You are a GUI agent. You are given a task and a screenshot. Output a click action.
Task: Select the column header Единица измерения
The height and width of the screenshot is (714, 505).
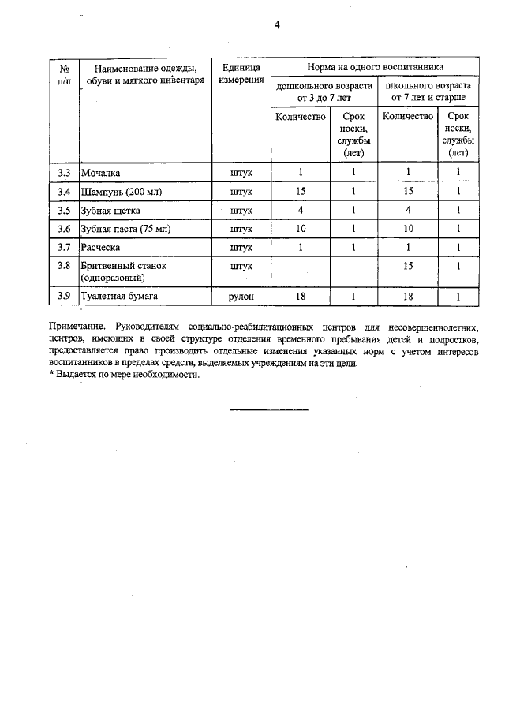[241, 74]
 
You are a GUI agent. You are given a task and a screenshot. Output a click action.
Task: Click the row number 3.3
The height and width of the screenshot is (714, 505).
[64, 172]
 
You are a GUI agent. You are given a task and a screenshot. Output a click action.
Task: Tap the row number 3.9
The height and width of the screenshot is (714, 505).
[64, 296]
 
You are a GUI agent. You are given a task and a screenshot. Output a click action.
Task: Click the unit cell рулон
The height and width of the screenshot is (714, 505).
[241, 296]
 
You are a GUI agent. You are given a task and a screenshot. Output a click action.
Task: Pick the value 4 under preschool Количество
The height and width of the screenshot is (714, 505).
[301, 211]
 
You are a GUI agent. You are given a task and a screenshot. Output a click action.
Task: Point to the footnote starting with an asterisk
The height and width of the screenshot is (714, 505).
[125, 375]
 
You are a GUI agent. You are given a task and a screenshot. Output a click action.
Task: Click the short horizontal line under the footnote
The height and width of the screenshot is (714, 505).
[268, 409]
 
